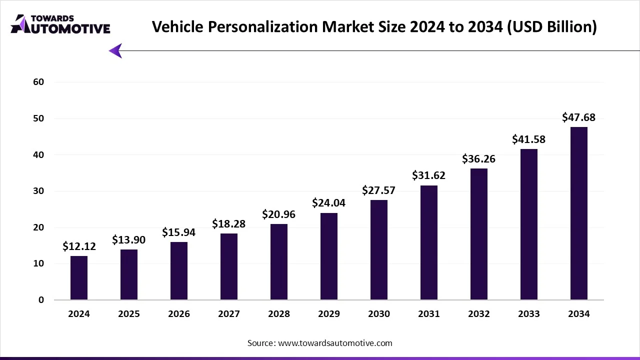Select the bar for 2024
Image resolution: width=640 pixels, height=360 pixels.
click(79, 278)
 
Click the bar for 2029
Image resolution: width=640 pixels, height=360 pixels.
click(329, 256)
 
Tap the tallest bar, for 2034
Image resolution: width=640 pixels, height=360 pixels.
click(579, 213)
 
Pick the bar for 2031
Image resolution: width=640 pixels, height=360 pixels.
click(429, 242)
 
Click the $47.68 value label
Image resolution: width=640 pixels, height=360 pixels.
click(579, 118)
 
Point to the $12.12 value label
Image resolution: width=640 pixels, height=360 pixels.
click(79, 246)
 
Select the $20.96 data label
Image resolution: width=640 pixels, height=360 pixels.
click(279, 214)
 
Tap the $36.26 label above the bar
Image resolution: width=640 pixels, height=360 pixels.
click(479, 159)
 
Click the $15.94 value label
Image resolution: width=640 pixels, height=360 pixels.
click(179, 232)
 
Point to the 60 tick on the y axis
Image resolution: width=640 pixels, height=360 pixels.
click(39, 82)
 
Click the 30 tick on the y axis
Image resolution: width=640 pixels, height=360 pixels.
click(39, 191)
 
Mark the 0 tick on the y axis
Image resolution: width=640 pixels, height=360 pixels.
click(41, 300)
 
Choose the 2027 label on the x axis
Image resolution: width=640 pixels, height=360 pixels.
click(229, 314)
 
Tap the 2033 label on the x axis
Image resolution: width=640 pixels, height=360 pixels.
click(529, 314)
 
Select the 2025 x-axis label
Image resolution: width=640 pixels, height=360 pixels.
click(129, 314)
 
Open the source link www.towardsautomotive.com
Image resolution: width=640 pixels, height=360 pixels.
click(335, 343)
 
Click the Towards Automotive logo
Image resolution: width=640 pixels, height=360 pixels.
click(60, 24)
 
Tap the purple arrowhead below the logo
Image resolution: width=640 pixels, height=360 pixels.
click(115, 50)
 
